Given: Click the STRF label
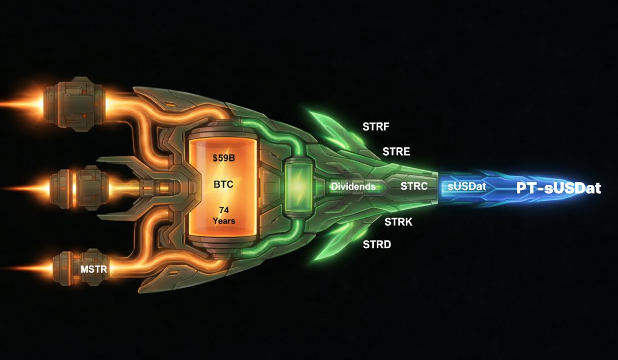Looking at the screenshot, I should click(x=376, y=126).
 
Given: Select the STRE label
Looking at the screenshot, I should click(x=396, y=152).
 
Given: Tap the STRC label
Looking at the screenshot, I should click(x=414, y=186).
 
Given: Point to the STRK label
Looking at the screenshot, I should click(x=398, y=222).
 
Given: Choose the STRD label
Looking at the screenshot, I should click(x=377, y=245).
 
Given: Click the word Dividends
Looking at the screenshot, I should click(x=353, y=187).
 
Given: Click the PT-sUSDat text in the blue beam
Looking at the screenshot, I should click(x=559, y=188).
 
